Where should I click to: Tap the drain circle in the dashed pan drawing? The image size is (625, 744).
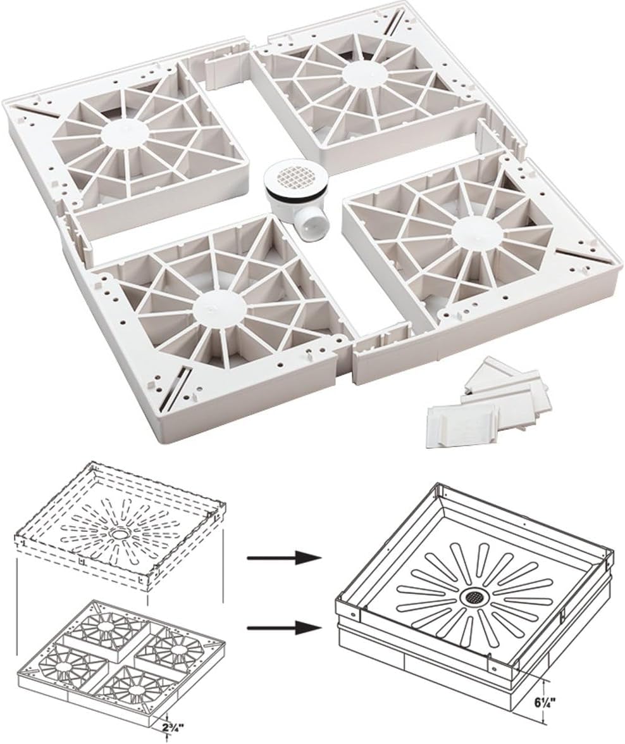tap(118, 534)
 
